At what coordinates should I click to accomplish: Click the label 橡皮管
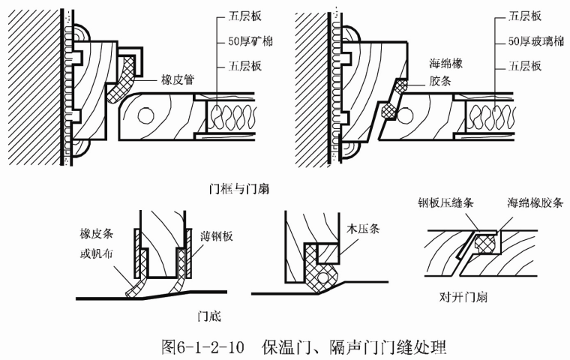[178, 77]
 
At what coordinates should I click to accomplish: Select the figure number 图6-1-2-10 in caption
[205, 346]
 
